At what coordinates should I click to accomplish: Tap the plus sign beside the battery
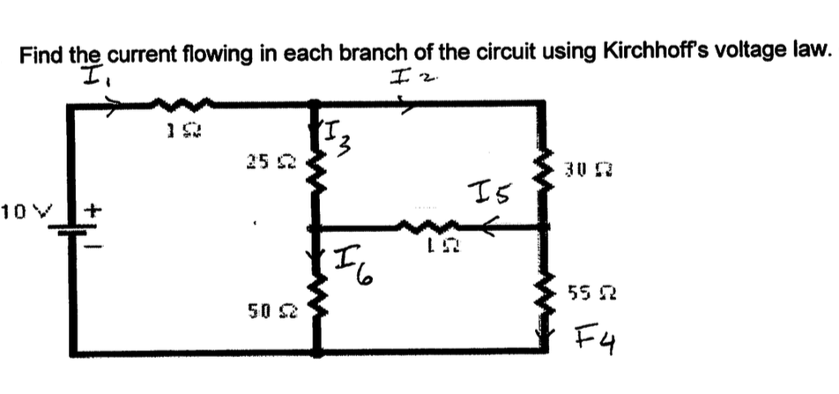93,212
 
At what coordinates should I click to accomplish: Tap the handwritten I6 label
353,263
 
